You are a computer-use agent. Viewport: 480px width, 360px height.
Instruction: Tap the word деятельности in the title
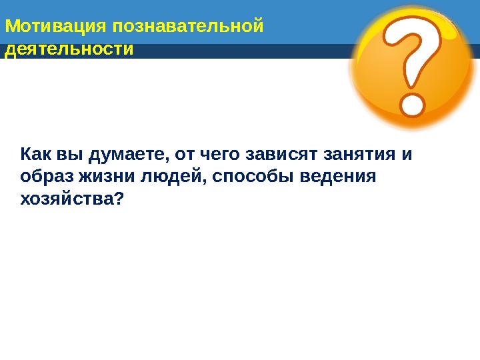pyautogui.click(x=69, y=49)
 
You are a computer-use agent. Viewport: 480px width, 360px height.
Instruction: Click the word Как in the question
pyautogui.click(x=36, y=155)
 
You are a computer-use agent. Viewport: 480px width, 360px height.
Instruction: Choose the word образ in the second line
pyautogui.click(x=47, y=177)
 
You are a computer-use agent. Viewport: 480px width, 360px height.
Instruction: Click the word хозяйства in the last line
pyautogui.click(x=69, y=199)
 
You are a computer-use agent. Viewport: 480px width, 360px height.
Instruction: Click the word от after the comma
pyautogui.click(x=182, y=155)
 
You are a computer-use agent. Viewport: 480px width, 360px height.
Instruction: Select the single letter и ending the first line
pyautogui.click(x=407, y=155)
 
